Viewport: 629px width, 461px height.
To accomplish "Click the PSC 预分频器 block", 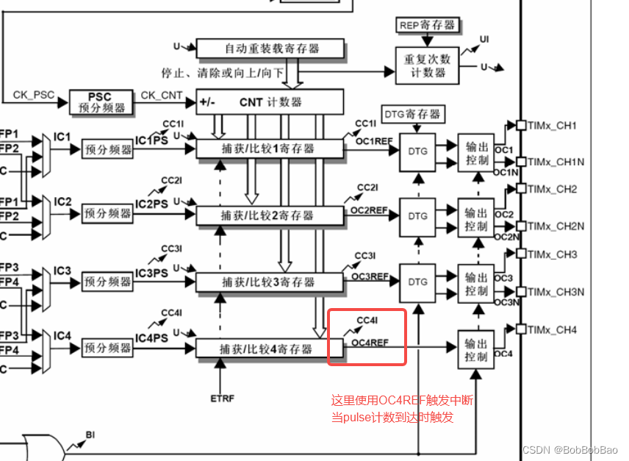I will tap(100, 102).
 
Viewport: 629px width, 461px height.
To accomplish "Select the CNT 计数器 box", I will tap(270, 101).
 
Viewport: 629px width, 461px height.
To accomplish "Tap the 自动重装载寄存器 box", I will tap(271, 49).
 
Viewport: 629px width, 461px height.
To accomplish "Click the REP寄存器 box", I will tap(428, 25).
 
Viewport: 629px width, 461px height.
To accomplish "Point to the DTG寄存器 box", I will tap(413, 114).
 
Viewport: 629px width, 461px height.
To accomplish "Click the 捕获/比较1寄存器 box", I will tap(269, 149).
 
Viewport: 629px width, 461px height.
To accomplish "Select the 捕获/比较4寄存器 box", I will tap(269, 348).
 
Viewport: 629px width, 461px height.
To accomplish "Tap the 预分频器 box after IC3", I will tap(108, 282).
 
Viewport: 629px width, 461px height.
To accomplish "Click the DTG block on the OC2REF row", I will tap(417, 216).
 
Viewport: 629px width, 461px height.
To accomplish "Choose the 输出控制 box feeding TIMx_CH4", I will tap(476, 349).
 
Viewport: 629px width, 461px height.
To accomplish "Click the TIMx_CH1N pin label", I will tap(556, 161).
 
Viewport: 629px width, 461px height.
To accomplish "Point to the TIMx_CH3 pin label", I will tap(552, 254).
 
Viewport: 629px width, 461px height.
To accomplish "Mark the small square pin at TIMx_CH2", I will tap(521, 188).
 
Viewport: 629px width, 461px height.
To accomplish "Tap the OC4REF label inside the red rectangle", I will tap(370, 343).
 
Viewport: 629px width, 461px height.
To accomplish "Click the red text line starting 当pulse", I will tap(392, 418).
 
